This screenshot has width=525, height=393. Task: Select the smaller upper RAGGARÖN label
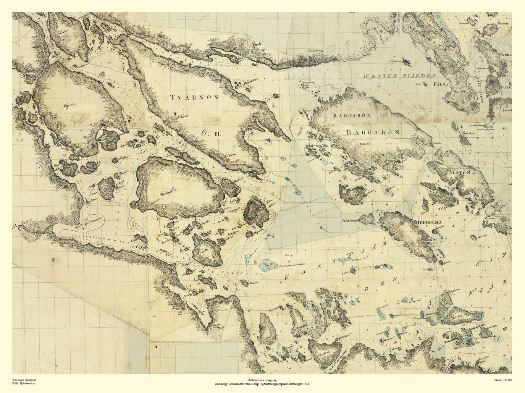pyautogui.click(x=352, y=115)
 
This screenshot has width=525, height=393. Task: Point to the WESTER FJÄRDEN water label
pyautogui.click(x=399, y=76)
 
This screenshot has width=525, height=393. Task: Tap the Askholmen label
pyautogui.click(x=350, y=220)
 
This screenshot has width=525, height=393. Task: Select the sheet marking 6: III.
pyautogui.click(x=210, y=133)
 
